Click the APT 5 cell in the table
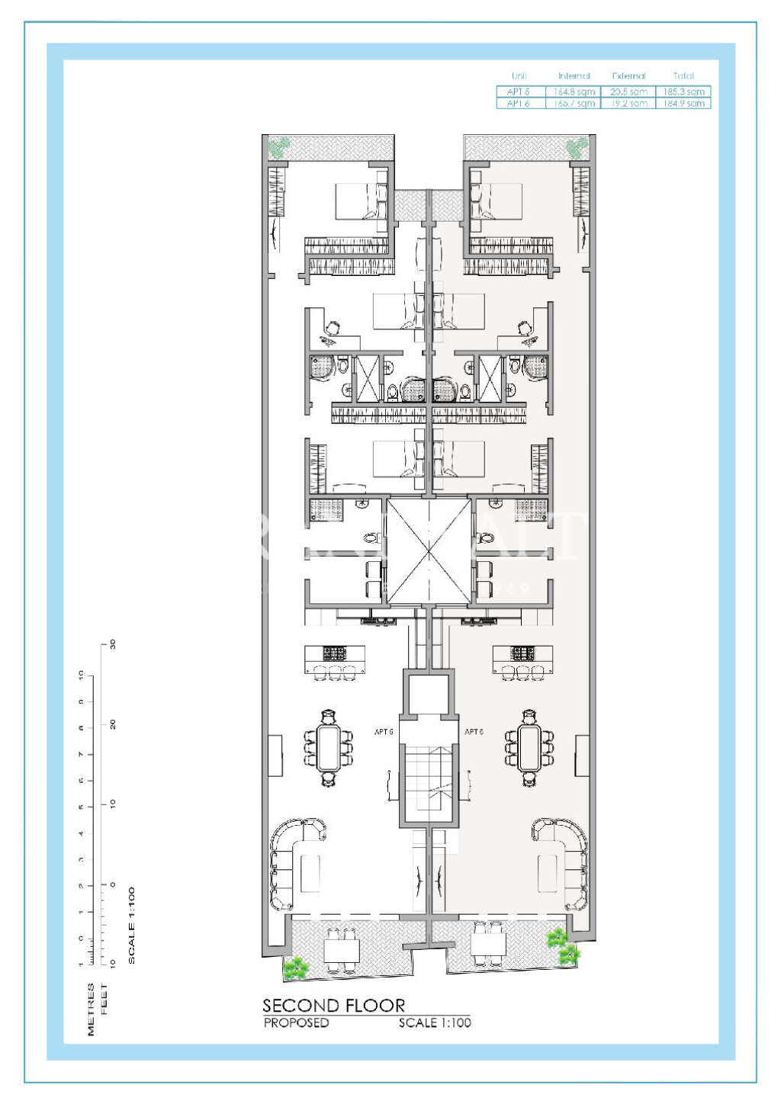click(x=519, y=91)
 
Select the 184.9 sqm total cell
click(x=683, y=103)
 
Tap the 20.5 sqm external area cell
click(x=628, y=91)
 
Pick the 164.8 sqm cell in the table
click(x=574, y=91)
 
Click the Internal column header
click(x=574, y=76)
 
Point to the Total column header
click(x=683, y=76)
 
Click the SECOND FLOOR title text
click(x=333, y=1006)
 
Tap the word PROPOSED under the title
click(x=296, y=1023)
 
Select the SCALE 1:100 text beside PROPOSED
click(x=435, y=1023)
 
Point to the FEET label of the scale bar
click(x=104, y=1000)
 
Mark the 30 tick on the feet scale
click(x=113, y=644)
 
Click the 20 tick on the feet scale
click(x=113, y=724)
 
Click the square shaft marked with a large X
click(x=429, y=550)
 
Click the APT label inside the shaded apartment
click(x=474, y=732)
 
